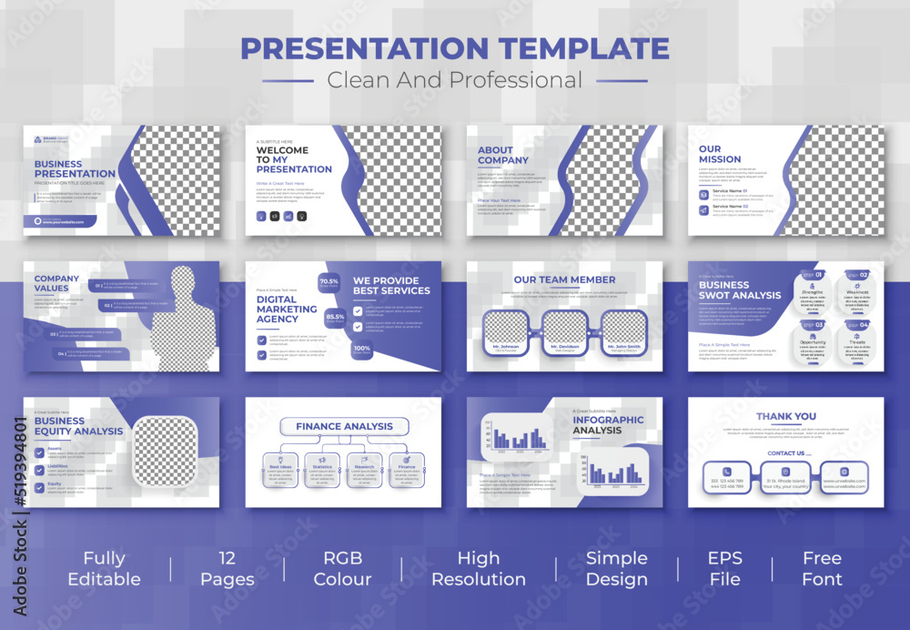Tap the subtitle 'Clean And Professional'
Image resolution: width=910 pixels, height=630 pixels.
point(454,80)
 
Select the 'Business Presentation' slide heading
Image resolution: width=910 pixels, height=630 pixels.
point(75,168)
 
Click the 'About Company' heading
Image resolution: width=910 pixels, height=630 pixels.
point(503,155)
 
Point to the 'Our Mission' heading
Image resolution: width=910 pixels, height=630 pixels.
point(720,154)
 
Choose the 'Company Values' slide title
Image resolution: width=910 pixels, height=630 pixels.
point(57,283)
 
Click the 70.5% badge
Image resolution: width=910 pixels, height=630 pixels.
point(329,282)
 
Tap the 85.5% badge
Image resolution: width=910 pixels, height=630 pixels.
point(335,318)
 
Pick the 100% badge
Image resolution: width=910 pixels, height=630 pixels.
point(361,349)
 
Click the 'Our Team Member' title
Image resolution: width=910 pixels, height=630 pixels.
point(564,279)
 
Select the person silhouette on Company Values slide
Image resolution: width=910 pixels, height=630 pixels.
point(184,323)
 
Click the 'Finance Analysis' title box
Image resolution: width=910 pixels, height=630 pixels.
point(344,426)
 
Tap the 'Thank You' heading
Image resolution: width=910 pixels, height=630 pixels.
point(786,416)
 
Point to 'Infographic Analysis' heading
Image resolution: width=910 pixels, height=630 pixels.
point(608,425)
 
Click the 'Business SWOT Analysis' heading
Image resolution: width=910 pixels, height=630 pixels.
point(739,290)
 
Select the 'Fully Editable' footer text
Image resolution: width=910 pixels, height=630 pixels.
point(104,568)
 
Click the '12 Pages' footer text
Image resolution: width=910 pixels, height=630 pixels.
point(227,568)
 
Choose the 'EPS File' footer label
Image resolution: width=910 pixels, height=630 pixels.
point(723,568)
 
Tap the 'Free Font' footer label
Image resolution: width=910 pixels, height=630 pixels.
point(822,568)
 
